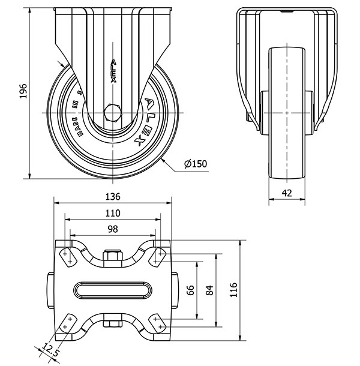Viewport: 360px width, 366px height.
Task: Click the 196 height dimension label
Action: pos(22,91)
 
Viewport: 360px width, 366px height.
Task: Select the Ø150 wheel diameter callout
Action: pos(196,164)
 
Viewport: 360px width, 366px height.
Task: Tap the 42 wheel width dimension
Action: pos(288,193)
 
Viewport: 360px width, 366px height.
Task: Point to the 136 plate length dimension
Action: pos(113,196)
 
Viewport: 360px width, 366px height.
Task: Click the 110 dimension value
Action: pos(113,213)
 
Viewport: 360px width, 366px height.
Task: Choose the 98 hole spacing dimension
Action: pos(113,229)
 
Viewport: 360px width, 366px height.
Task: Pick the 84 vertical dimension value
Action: pos(208,290)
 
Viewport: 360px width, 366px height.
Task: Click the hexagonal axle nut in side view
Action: pos(113,113)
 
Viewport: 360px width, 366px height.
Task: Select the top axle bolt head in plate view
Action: pos(113,259)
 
